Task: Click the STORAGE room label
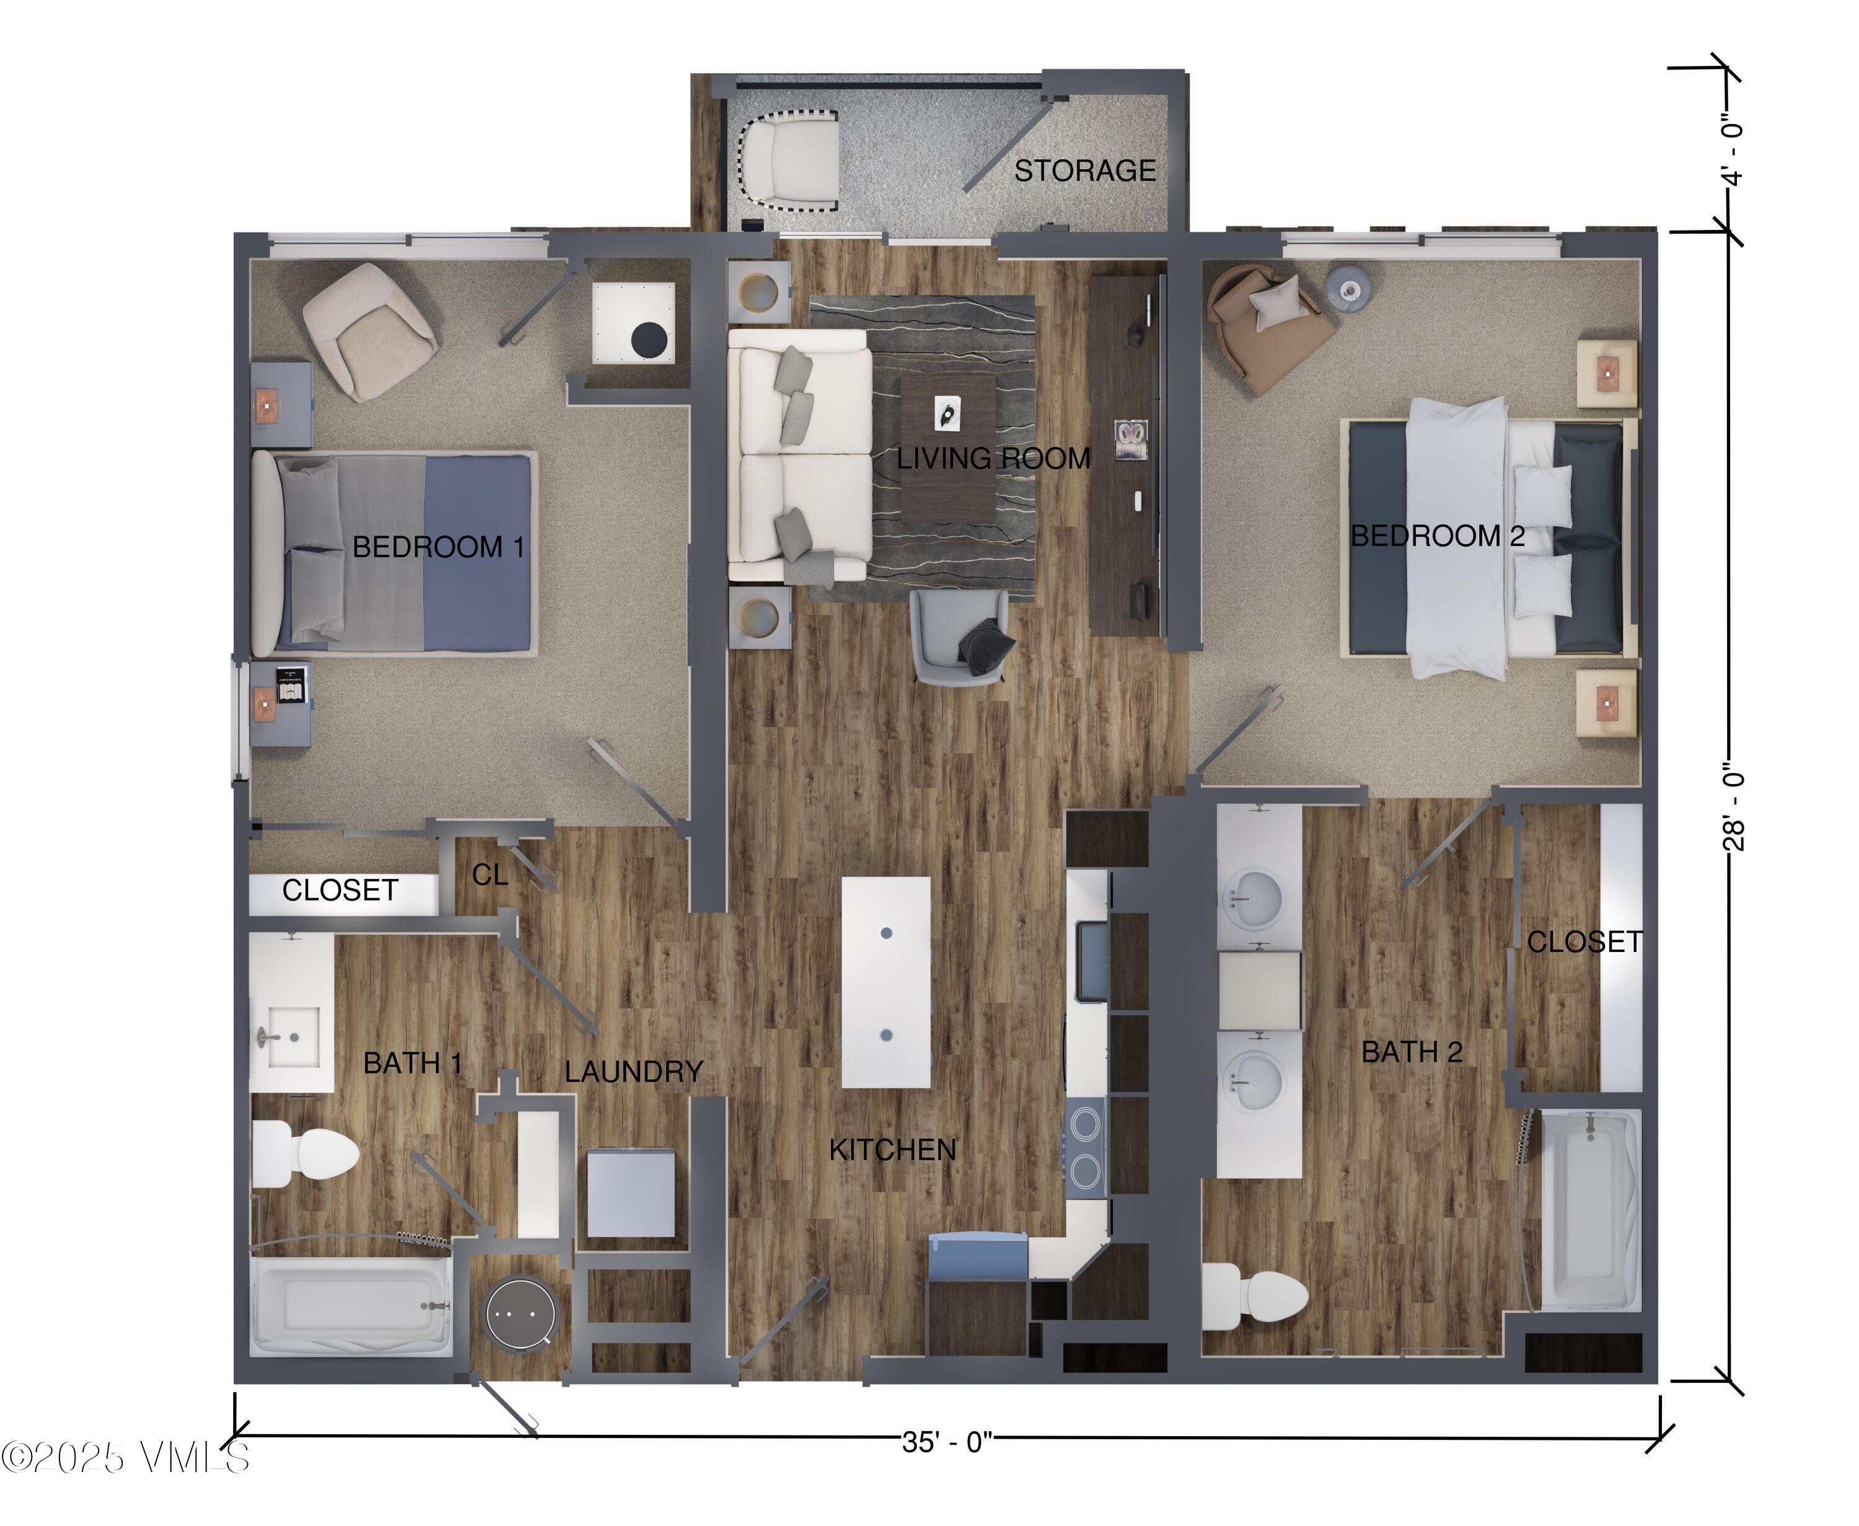[1084, 170]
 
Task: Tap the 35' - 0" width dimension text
[947, 1442]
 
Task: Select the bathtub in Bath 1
[351, 1305]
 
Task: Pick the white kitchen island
[886, 983]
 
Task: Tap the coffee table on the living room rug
[947, 448]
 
